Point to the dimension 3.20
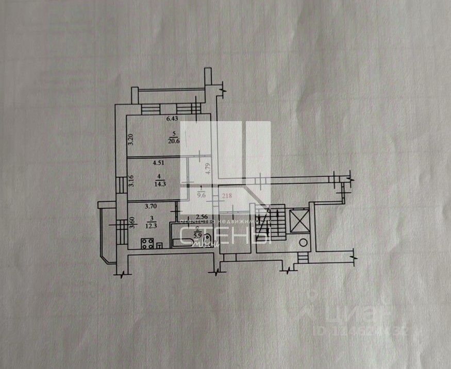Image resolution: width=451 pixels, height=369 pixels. pyautogui.click(x=131, y=140)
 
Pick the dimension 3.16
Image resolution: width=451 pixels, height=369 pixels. pyautogui.click(x=131, y=181)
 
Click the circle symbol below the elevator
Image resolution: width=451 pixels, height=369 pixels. pyautogui.click(x=304, y=242)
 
